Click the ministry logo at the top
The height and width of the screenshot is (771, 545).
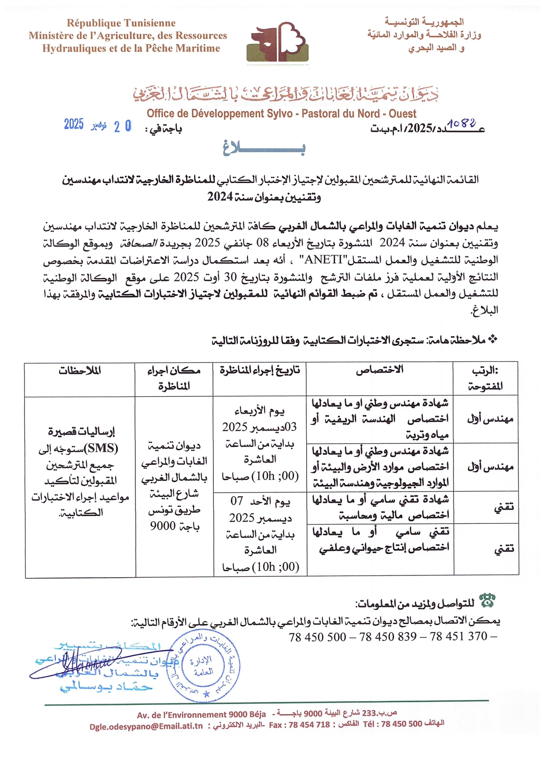click(277, 42)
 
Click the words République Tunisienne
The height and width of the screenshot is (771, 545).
click(121, 23)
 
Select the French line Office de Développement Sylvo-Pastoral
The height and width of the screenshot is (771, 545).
click(281, 114)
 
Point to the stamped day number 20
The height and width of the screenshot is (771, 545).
click(123, 127)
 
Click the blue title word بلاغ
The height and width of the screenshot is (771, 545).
click(264, 148)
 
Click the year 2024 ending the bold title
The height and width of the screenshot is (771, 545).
click(220, 196)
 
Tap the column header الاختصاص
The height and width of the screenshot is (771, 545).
click(379, 370)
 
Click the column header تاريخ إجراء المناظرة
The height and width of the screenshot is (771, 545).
click(259, 370)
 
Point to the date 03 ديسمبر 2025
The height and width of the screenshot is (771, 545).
click(259, 427)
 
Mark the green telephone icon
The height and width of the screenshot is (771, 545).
click(487, 600)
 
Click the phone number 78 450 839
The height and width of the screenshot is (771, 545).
click(388, 637)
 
